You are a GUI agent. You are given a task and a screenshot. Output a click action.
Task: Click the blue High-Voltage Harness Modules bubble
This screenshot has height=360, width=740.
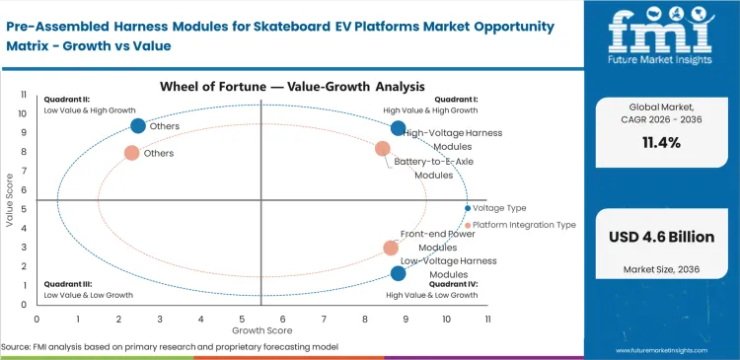(398, 128)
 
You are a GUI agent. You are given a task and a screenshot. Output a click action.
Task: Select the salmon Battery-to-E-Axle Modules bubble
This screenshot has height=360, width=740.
(383, 149)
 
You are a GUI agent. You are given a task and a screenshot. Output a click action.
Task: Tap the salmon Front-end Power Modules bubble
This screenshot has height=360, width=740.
(391, 248)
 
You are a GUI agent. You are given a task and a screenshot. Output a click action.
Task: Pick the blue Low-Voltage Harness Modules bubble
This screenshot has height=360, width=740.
(398, 273)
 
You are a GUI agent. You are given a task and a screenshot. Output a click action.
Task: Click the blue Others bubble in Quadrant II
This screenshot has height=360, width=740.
(138, 125)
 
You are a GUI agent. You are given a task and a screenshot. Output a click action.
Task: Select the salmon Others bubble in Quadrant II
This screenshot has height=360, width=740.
(131, 153)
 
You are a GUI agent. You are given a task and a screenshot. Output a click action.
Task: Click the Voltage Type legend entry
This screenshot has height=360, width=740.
(499, 208)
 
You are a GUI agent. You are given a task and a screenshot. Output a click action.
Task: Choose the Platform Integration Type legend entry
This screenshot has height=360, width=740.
(524, 225)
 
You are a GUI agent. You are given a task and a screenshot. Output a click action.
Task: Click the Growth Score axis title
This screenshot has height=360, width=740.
(260, 330)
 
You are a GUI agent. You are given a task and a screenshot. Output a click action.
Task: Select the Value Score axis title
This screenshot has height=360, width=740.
(10, 202)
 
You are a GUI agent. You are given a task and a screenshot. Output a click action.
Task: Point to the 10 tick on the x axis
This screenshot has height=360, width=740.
(446, 319)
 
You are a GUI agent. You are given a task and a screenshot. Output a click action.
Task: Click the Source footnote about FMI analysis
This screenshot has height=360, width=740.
(170, 347)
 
